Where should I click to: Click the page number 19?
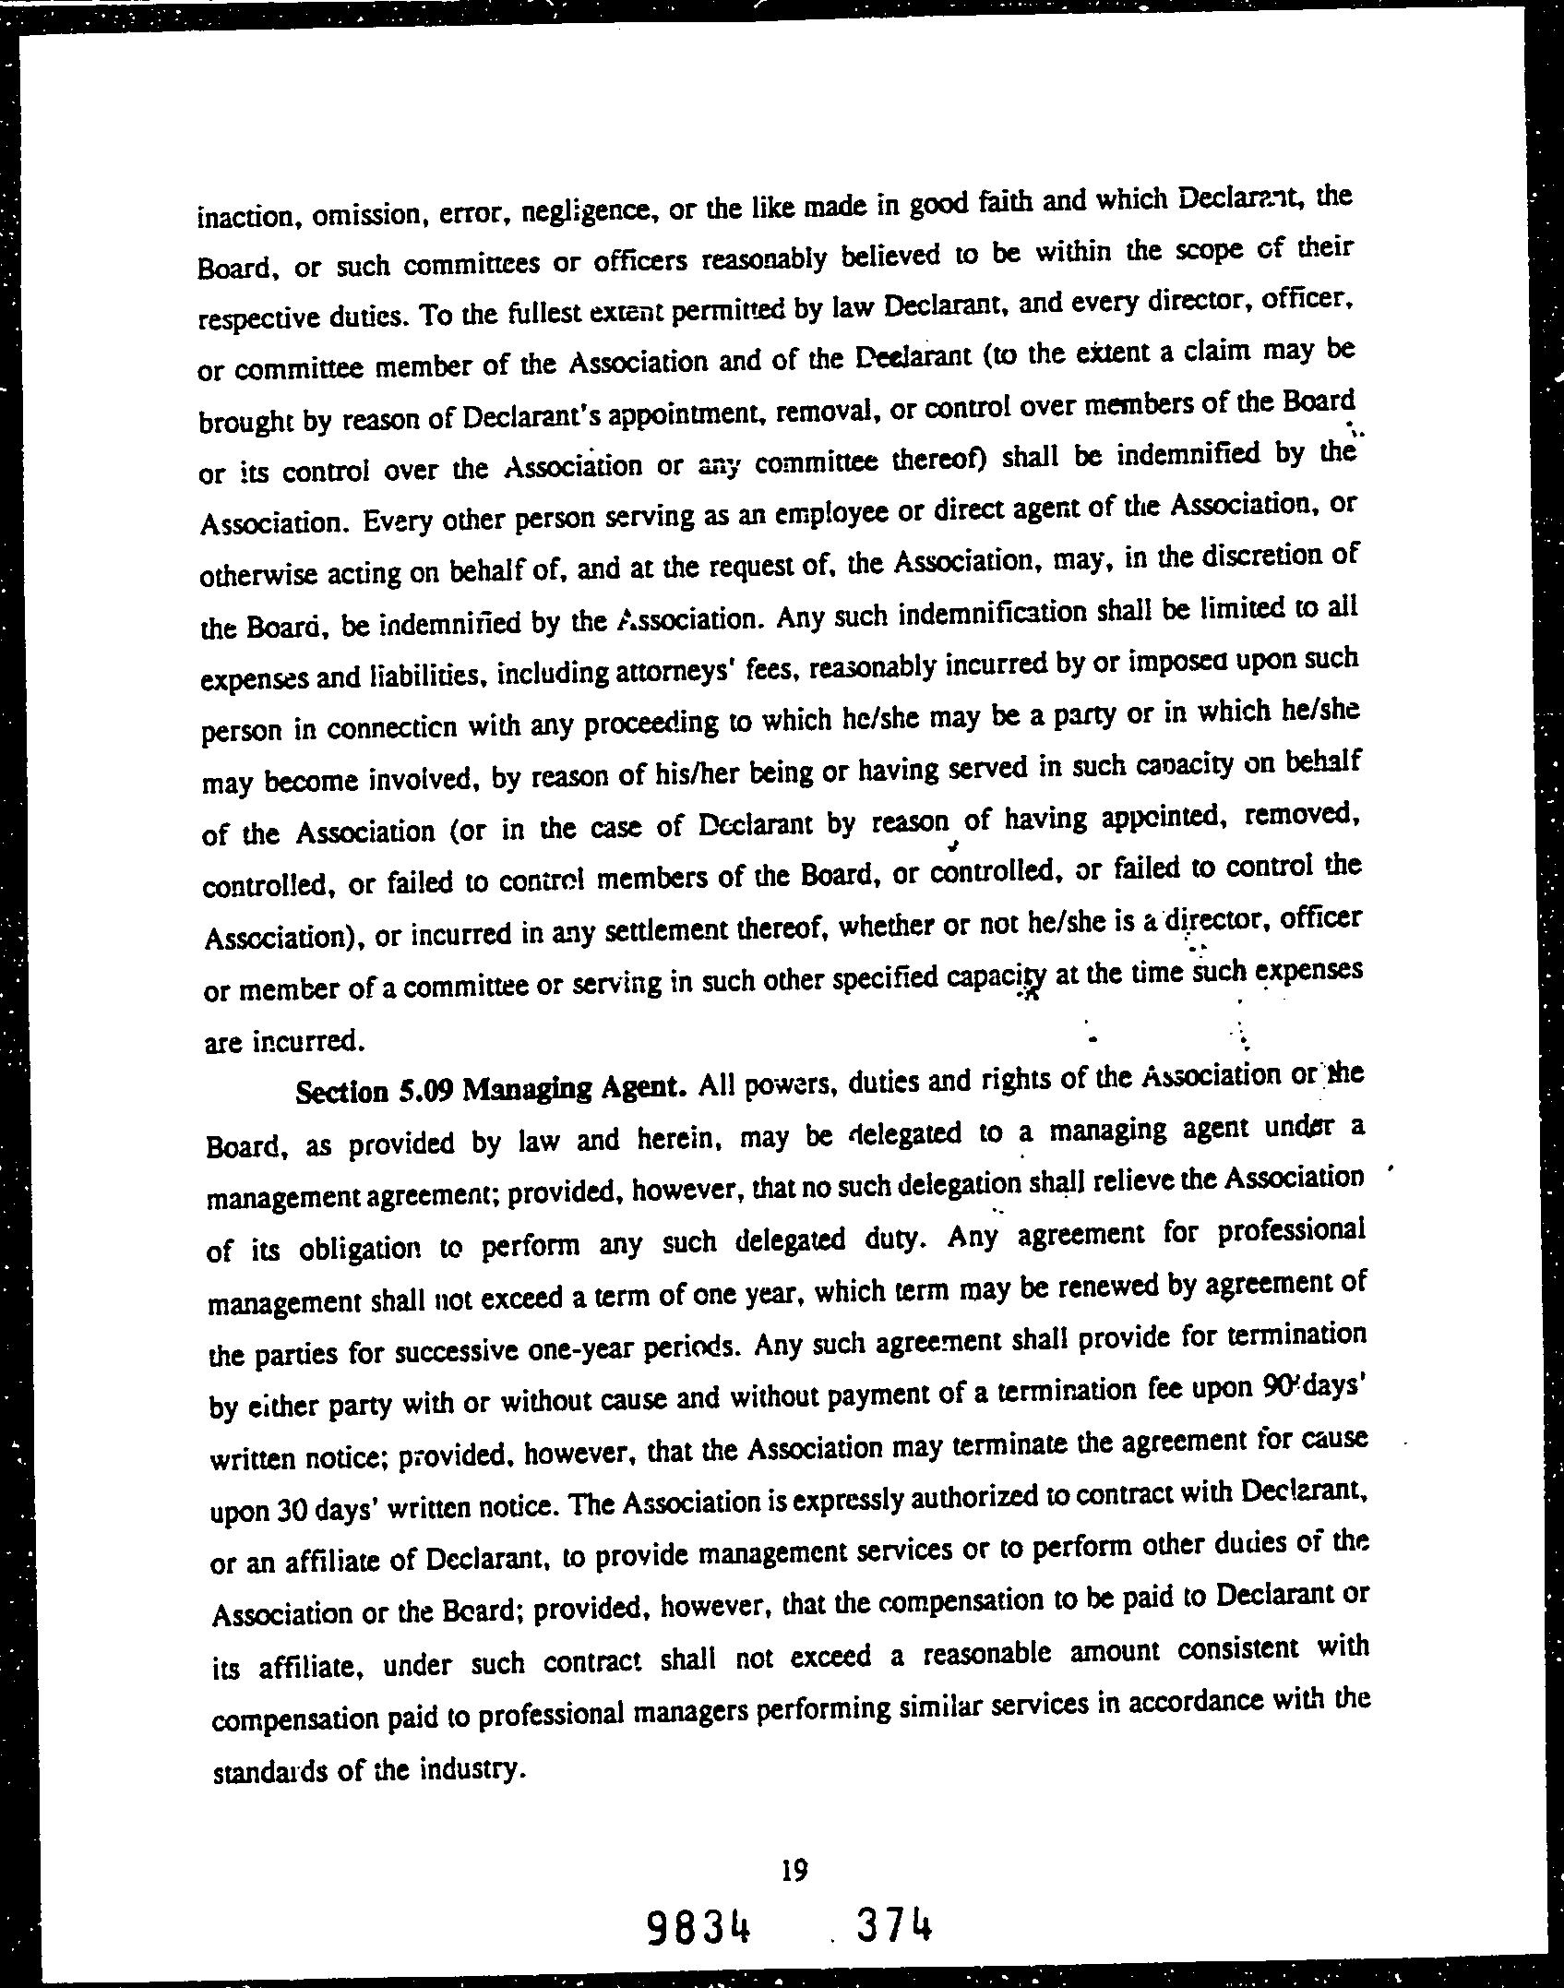coord(794,1870)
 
